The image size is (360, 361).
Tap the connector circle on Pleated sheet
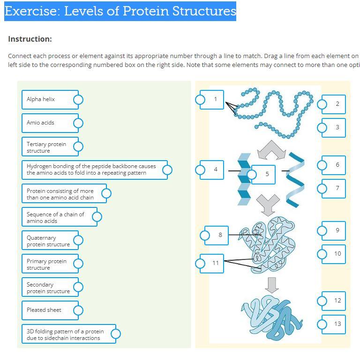(78, 310)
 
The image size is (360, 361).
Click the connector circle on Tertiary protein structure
(78, 147)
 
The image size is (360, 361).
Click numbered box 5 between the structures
(267, 174)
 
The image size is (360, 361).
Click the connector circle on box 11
(200, 263)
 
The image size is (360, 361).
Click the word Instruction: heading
(30, 39)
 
